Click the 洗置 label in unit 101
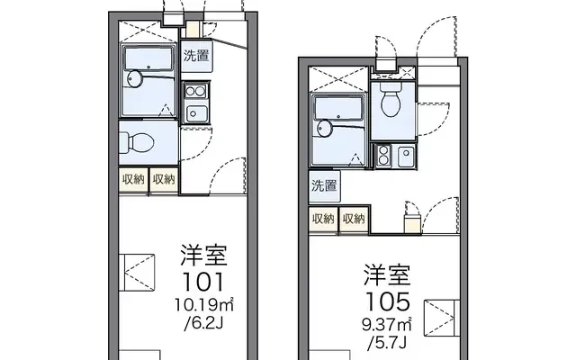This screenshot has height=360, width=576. pos(196,56)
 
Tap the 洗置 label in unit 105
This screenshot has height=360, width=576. pos(324,185)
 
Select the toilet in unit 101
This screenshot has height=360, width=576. pos(136,142)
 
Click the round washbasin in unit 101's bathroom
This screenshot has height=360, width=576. pos(134,78)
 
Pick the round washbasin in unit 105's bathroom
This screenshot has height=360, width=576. pos(324,128)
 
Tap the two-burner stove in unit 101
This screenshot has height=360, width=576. pos(196,91)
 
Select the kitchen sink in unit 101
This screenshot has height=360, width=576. pos(196,113)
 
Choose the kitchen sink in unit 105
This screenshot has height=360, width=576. pos(405,156)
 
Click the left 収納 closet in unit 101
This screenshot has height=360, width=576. pos(133,180)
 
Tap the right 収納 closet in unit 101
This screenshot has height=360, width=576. pos(164,180)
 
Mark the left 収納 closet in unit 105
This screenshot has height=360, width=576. pos(323,220)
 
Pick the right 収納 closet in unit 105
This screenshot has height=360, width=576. pos(354,220)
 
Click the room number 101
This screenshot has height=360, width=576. pos(203,282)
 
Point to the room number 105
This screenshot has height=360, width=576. pos(388,301)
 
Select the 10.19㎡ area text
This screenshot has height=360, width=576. pos(204,304)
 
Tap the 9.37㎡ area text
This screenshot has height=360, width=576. pos(387,324)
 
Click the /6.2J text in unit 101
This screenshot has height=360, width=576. pos(204,323)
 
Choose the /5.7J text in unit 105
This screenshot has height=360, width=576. pos(388,343)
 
